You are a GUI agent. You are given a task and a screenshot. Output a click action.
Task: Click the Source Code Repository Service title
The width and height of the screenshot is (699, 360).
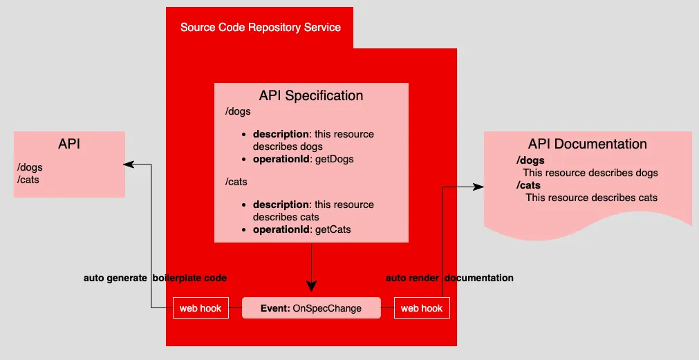tap(260, 28)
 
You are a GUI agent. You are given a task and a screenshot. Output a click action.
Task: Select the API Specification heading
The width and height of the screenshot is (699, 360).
tap(311, 95)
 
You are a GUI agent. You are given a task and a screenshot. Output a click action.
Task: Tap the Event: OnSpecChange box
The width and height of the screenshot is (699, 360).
tap(311, 308)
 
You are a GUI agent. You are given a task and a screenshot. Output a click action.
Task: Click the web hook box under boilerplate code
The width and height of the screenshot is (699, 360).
tap(201, 308)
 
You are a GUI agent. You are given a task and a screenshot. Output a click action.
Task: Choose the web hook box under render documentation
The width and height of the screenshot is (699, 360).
tap(422, 308)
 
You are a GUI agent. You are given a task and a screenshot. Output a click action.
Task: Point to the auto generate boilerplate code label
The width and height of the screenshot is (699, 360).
tap(155, 278)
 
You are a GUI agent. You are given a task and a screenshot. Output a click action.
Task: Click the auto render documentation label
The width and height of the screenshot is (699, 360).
tap(449, 278)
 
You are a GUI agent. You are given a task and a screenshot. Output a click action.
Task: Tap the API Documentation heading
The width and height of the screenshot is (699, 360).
tap(588, 144)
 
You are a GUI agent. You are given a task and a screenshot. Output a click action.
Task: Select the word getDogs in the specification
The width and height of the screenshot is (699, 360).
tap(333, 159)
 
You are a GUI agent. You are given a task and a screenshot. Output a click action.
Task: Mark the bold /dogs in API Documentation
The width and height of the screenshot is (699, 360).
tap(530, 161)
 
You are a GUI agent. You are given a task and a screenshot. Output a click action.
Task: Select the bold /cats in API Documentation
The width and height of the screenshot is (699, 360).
tap(528, 185)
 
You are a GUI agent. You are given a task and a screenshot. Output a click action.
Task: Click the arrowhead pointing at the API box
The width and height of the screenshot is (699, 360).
tap(129, 164)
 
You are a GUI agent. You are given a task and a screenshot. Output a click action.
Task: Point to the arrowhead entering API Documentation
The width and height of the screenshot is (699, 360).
tap(478, 186)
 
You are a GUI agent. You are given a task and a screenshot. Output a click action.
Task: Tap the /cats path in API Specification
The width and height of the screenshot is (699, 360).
tap(236, 182)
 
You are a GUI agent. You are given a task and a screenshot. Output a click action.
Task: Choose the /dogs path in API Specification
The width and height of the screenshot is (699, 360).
tap(238, 111)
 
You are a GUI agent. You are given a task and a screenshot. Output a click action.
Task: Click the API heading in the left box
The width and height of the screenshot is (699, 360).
tap(69, 144)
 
